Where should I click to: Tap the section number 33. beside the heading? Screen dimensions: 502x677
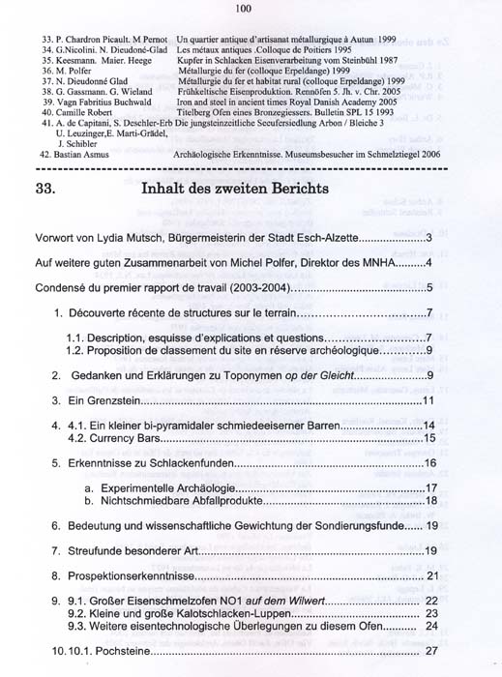tap(49, 189)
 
